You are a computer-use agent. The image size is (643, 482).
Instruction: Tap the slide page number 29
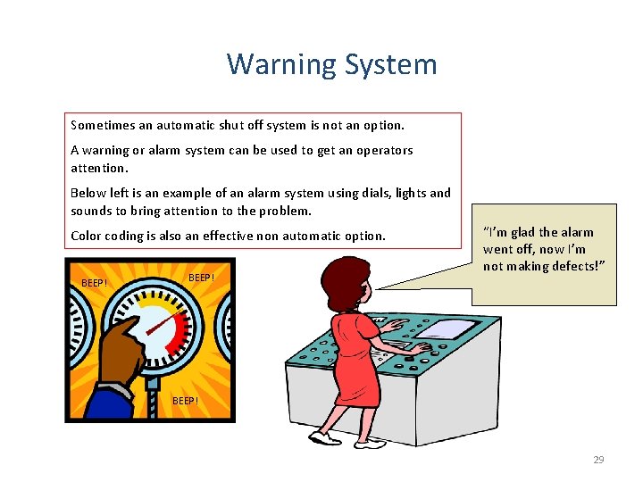tap(598, 460)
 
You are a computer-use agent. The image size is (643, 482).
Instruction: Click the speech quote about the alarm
tap(543, 250)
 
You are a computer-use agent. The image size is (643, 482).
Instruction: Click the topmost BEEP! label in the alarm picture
tap(202, 278)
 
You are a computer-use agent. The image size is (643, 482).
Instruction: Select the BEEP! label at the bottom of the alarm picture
tap(185, 401)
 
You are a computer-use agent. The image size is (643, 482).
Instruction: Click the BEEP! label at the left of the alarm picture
tap(94, 283)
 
